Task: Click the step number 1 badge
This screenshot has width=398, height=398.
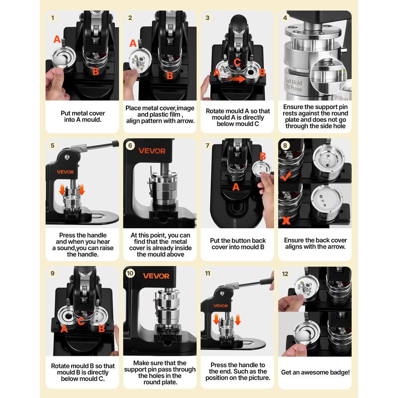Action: point(53,18)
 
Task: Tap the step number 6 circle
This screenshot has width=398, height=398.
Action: point(130,145)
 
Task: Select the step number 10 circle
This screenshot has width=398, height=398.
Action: point(130,273)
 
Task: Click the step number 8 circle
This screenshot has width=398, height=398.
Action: point(285,145)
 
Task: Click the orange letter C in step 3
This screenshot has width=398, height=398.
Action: point(237,62)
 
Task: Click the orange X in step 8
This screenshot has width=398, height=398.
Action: point(286,220)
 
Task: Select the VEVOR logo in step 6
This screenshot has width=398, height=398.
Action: point(152,151)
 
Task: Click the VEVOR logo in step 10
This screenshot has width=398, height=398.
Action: point(156,276)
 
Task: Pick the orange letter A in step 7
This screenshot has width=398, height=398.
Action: point(236,187)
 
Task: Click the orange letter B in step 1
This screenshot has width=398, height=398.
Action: point(96,71)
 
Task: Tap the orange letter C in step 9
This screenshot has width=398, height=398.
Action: point(81,321)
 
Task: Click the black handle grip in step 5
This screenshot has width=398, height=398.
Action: point(115,144)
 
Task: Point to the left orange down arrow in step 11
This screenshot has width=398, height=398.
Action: point(216,319)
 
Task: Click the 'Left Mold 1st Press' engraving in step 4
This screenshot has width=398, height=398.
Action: point(294,85)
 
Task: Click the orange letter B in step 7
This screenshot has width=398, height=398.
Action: point(263,156)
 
